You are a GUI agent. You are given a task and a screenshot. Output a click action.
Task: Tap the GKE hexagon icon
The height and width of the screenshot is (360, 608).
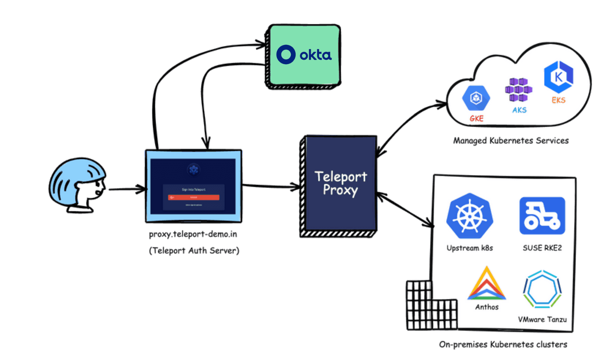pyautogui.click(x=476, y=98)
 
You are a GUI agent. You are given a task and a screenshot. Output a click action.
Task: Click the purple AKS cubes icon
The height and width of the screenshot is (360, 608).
pyautogui.click(x=518, y=90)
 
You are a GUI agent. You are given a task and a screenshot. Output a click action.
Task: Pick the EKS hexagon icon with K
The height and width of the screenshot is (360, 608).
pyautogui.click(x=558, y=77)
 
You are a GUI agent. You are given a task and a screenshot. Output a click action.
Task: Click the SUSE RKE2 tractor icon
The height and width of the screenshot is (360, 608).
pyautogui.click(x=542, y=216)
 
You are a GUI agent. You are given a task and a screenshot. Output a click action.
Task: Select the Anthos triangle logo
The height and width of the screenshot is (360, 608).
pyautogui.click(x=487, y=285)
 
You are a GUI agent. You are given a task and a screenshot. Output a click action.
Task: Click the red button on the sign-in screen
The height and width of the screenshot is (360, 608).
pyautogui.click(x=194, y=198)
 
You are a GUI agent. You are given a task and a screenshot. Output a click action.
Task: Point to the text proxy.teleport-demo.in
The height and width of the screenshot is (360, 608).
pyautogui.click(x=193, y=234)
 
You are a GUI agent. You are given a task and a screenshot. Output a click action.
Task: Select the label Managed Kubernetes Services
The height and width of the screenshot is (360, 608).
pyautogui.click(x=511, y=141)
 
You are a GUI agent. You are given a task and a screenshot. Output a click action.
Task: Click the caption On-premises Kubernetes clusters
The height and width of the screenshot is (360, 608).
pyautogui.click(x=503, y=345)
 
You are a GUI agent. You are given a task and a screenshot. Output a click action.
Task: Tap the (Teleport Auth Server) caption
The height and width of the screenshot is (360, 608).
pyautogui.click(x=194, y=251)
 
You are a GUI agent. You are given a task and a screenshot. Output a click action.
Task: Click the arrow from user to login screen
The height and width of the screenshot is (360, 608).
pyautogui.click(x=126, y=189)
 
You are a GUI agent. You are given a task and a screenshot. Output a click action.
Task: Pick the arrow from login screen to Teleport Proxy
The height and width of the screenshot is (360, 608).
pyautogui.click(x=271, y=186)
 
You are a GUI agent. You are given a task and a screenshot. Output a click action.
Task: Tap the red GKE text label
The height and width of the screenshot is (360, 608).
pyautogui.click(x=476, y=119)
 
